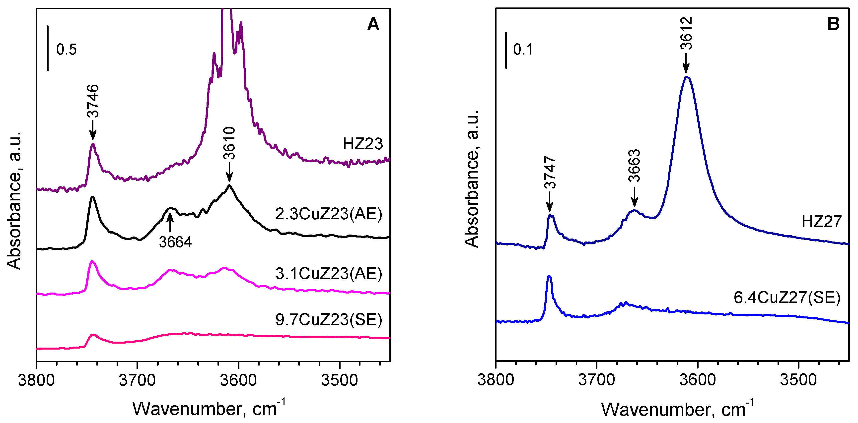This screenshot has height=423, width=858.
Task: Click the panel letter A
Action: point(373,24)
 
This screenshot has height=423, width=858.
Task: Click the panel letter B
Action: point(833,24)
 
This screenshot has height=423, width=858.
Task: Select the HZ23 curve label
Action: point(363,144)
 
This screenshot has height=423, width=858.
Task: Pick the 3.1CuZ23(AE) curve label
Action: point(328,274)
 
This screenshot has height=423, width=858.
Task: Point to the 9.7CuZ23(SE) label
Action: point(328,319)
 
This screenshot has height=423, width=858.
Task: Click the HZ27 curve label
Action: point(821,222)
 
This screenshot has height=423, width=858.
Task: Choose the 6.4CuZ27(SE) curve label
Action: point(787,297)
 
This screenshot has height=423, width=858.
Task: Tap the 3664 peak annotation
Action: point(175,242)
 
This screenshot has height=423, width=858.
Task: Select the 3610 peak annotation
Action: point(229,143)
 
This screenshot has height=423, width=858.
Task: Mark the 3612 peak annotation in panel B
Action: point(686,33)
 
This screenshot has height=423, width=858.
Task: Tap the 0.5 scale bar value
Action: point(66,49)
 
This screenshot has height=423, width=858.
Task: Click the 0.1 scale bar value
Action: point(523,49)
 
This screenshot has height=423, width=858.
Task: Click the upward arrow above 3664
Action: point(170,222)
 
